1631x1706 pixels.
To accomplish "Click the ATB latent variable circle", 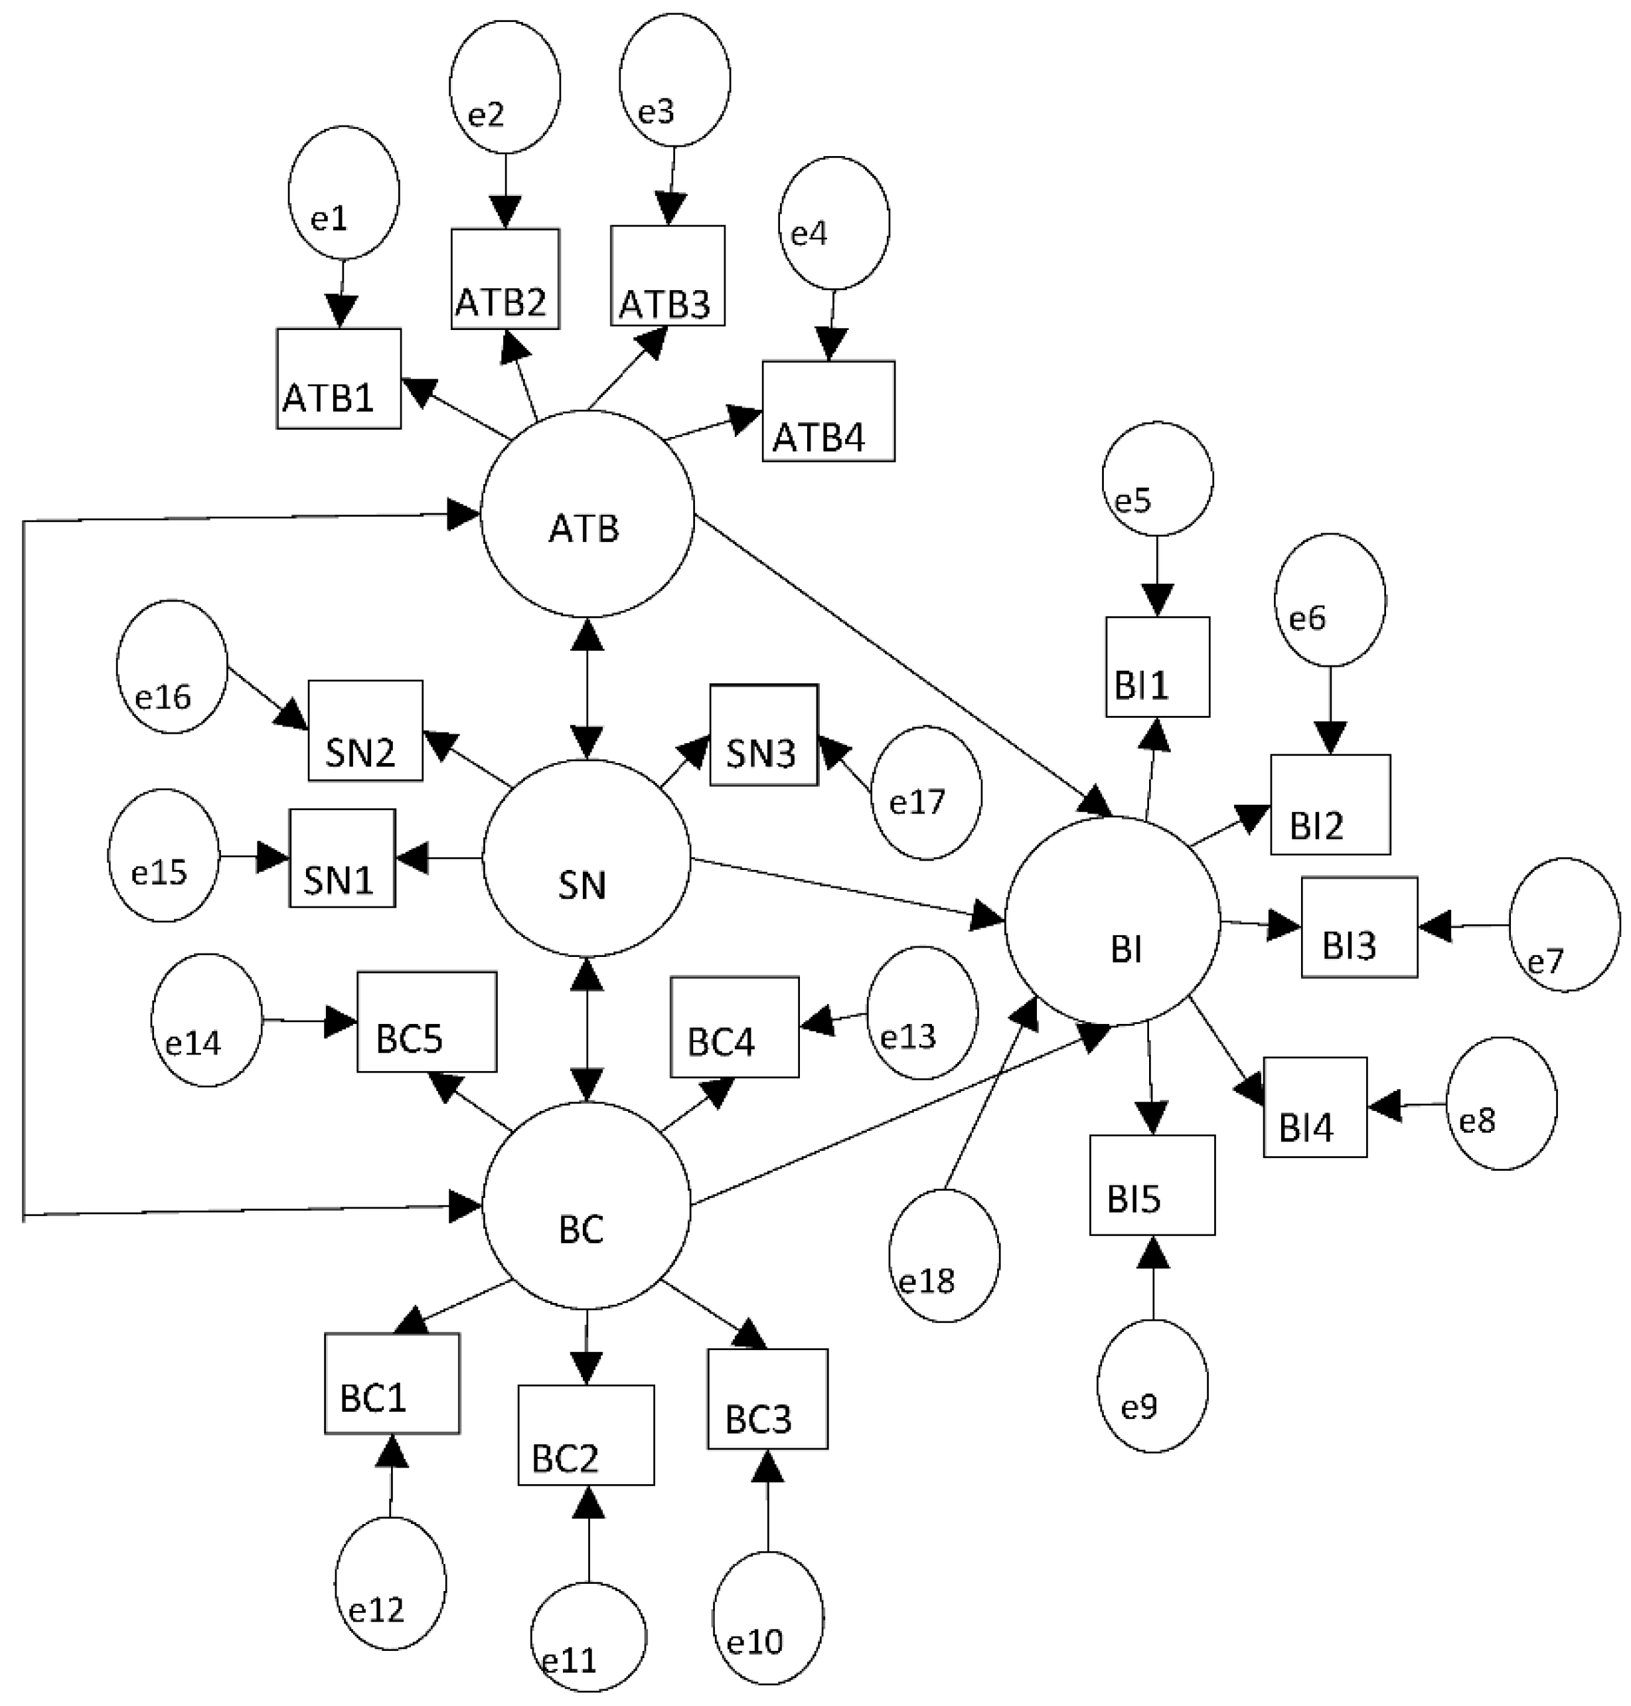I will point(587,515).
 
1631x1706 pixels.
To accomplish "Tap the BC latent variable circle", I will point(586,1205).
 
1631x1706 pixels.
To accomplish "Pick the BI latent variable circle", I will point(1113,922).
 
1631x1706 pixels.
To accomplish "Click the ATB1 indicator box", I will point(339,379).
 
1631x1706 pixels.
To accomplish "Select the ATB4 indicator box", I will point(828,411).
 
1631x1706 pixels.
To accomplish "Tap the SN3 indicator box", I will point(763,736).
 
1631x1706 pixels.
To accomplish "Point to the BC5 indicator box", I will point(427,1023).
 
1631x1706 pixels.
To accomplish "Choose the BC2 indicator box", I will point(586,1436).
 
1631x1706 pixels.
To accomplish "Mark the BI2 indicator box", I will point(1330,804).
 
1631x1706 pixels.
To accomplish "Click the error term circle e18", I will point(944,1256).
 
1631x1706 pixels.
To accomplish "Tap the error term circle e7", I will point(1564,925).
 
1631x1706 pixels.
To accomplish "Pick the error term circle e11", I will point(589,1636).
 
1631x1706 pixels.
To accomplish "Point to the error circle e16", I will point(171,667).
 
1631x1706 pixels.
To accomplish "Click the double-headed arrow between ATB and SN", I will point(589,689).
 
